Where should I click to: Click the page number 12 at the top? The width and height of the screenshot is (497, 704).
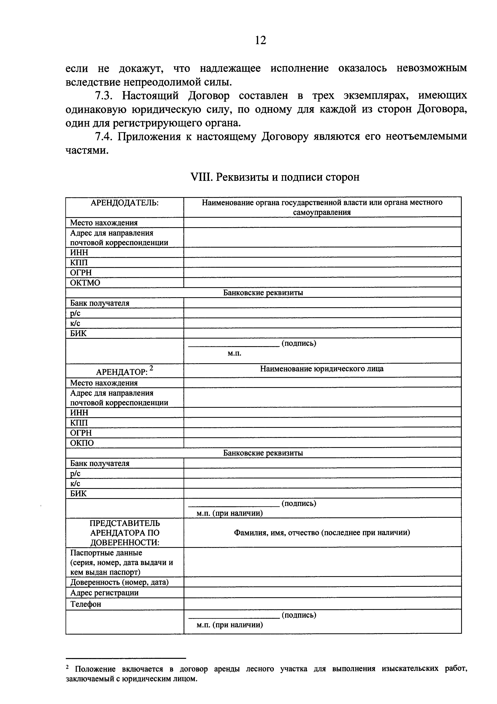[x=260, y=40]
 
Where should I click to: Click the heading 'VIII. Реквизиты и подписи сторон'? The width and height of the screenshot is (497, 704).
[x=275, y=177]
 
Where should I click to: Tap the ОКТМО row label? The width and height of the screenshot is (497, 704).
[x=85, y=282]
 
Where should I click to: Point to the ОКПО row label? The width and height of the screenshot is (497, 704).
[x=82, y=443]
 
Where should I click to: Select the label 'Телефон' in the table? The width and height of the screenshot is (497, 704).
[x=86, y=604]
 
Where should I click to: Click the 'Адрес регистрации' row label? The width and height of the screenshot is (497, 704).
[x=104, y=592]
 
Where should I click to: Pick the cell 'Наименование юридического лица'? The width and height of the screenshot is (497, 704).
[x=322, y=369]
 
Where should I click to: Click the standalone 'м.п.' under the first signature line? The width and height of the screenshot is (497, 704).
[x=234, y=354]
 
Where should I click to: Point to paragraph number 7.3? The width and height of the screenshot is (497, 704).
[x=104, y=96]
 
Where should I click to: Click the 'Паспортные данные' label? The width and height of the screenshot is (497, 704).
[x=106, y=553]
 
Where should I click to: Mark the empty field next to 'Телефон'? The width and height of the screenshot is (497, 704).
[x=322, y=604]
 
